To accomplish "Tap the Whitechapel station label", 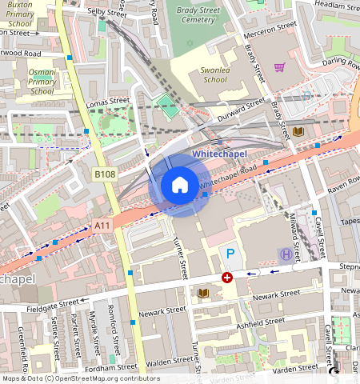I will [220, 153].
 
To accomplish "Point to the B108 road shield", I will [105, 174].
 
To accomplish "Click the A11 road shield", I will [102, 226].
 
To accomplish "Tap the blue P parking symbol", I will [230, 254].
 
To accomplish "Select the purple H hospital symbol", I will [286, 254].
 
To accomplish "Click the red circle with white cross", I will [227, 277].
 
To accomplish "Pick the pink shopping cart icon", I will [279, 67].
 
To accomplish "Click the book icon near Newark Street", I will [202, 293].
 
